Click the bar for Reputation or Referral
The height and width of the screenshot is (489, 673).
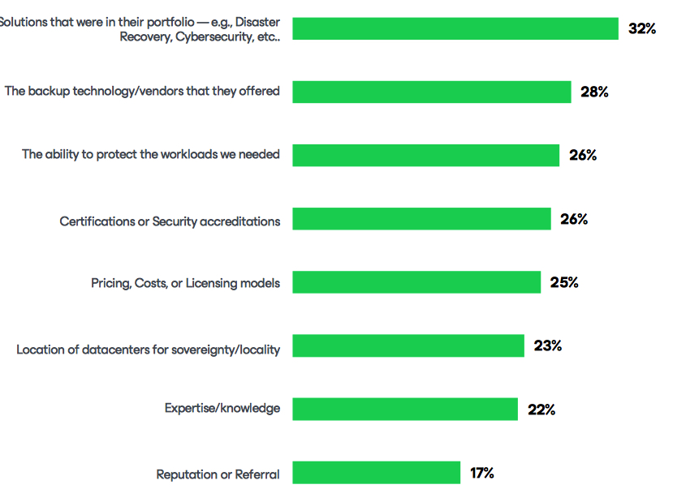tap(376, 473)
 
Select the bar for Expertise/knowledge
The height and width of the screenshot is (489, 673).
tap(404, 410)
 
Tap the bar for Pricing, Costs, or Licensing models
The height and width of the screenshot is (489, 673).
tap(416, 282)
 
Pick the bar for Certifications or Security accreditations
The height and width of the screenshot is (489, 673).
tap(421, 219)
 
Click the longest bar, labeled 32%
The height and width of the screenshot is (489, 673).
tap(455, 28)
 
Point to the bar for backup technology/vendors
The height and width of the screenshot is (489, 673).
tap(431, 92)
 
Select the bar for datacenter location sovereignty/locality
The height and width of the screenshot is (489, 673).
tap(408, 346)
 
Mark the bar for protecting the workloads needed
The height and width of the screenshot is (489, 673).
tap(425, 155)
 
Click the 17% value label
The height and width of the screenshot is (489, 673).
tap(481, 473)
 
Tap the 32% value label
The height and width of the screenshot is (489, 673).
tap(641, 28)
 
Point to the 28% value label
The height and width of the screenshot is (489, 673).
tap(594, 92)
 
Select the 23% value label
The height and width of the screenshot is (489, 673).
tap(548, 346)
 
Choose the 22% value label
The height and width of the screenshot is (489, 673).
tap(541, 410)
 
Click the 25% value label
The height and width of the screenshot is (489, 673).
tap(564, 282)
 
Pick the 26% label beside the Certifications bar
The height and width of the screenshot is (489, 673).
tap(574, 219)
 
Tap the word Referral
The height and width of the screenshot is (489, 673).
tap(257, 474)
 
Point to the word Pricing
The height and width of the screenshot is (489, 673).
tap(112, 283)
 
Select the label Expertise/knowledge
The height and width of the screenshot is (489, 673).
tap(222, 409)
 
